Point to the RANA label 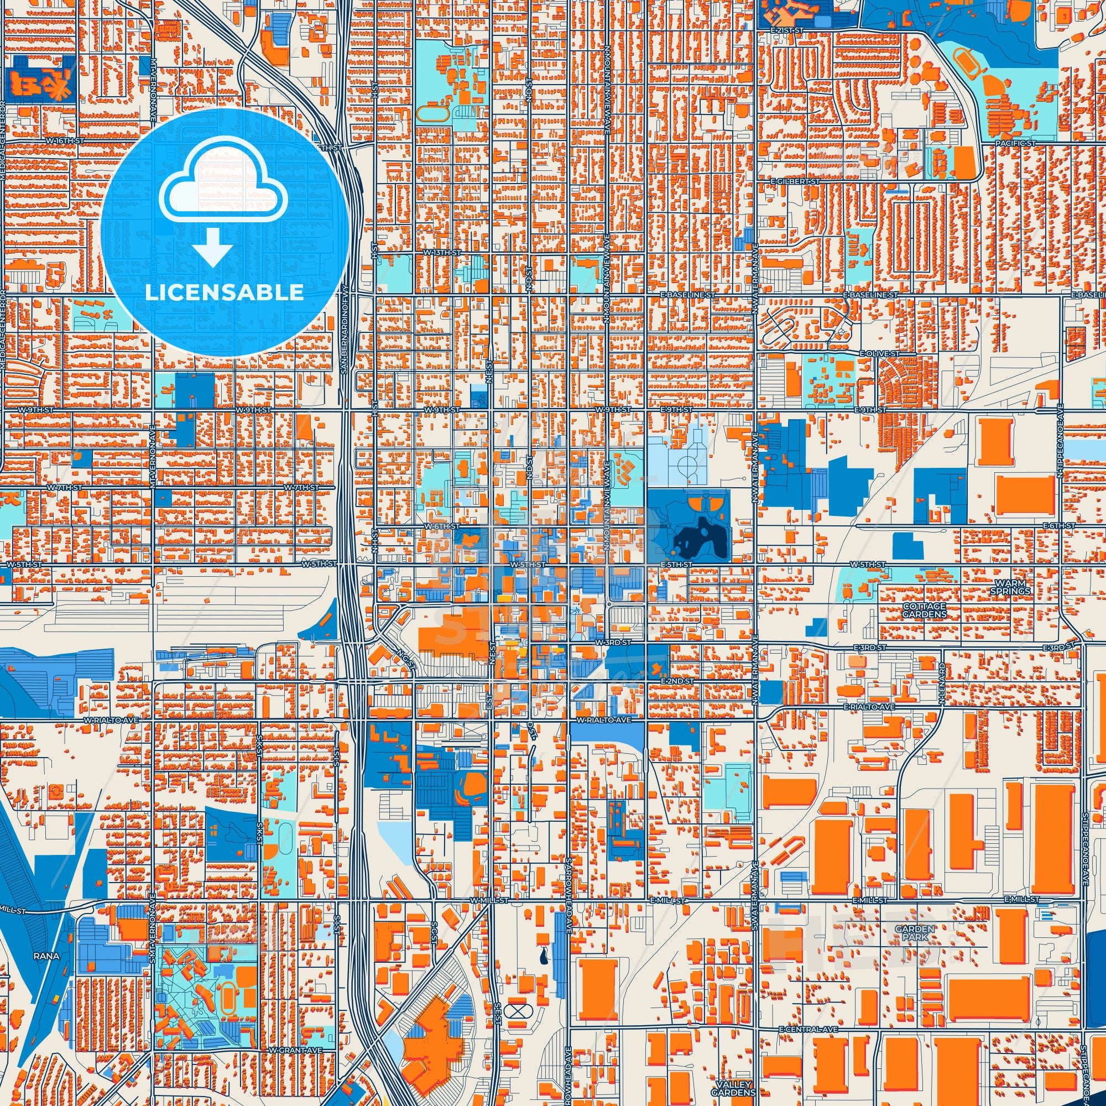pyautogui.click(x=47, y=956)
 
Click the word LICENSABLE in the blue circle pyautogui.click(x=224, y=293)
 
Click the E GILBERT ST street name pyautogui.click(x=796, y=181)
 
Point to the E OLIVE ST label pyautogui.click(x=879, y=354)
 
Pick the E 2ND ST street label pyautogui.click(x=677, y=681)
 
